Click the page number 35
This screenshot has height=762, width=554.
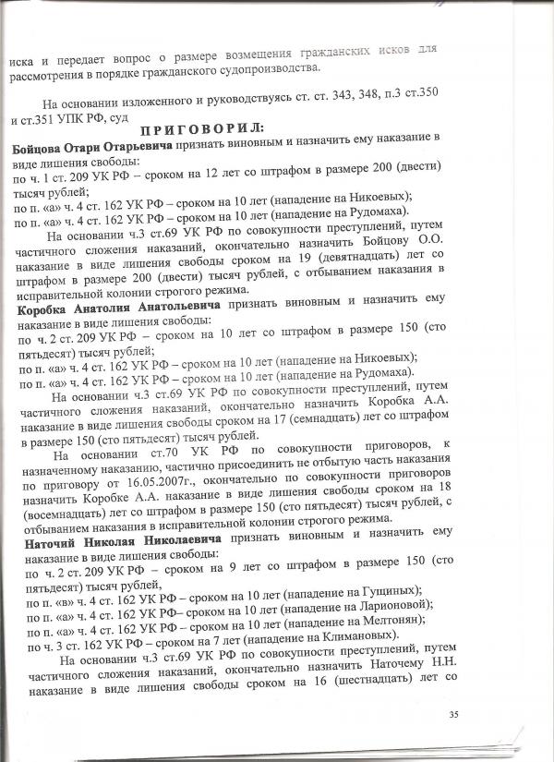click(x=479, y=714)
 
